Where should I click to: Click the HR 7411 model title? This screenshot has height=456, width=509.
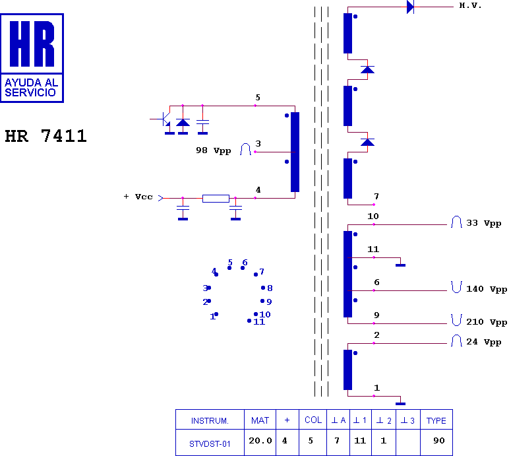pos(45,136)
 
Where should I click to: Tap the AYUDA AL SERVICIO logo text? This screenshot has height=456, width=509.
pos(31,87)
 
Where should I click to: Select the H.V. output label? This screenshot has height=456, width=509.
pos(470,5)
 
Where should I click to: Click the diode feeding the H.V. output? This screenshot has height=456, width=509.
pos(410,7)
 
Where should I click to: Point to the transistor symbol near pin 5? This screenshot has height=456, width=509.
pos(166,119)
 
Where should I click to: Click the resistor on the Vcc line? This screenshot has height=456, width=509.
pos(216,198)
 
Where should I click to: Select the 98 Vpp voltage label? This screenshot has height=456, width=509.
pos(213,150)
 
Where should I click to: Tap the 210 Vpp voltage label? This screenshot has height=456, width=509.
pos(487,322)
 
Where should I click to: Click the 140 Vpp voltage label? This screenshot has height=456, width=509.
pos(487,289)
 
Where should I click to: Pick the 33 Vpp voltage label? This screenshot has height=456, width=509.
pos(484,223)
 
